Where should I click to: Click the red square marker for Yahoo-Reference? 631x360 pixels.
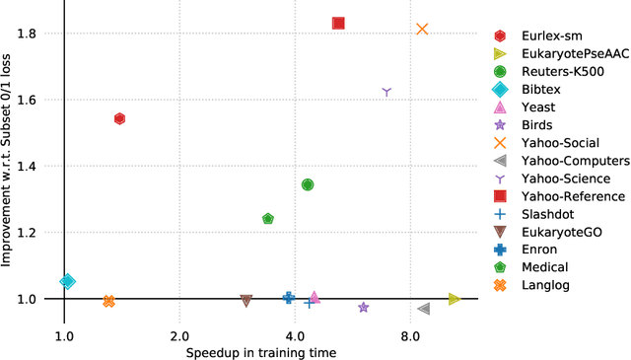coord(338,23)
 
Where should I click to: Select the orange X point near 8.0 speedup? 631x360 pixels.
coord(422,30)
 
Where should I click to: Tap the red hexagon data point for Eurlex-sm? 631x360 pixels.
coord(119,118)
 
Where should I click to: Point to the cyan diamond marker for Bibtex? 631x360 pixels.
coord(67,281)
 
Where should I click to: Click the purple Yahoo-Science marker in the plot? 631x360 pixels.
coord(386,92)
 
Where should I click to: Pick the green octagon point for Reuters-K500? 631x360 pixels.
coord(308,184)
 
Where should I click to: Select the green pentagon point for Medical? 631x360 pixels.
coord(268,219)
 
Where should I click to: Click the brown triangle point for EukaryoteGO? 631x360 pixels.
coord(246,301)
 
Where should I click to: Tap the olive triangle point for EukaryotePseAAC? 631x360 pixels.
coord(455,299)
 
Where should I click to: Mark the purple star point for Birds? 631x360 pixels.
coord(363,308)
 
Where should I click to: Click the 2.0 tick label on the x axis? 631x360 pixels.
coord(179,334)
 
